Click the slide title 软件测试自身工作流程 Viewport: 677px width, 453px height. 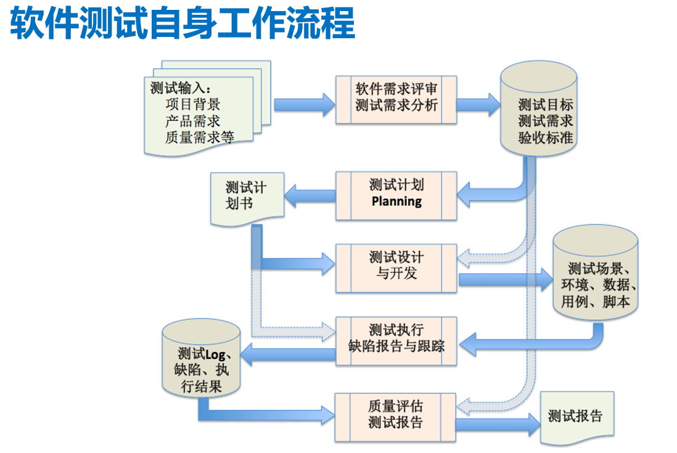tap(183, 23)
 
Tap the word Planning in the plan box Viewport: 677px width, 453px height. tap(396, 202)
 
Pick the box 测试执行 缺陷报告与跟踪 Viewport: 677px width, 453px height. tap(396, 340)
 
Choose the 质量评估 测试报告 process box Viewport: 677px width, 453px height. tap(396, 415)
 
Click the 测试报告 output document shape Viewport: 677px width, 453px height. tap(576, 417)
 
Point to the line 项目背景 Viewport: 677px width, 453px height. tap(192, 105)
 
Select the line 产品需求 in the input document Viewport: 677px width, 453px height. tap(192, 121)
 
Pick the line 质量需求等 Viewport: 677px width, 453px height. tap(199, 137)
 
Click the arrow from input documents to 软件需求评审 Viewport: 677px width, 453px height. tap(303, 104)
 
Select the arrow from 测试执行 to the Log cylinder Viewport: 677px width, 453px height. tap(287, 353)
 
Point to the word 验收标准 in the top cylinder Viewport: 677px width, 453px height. tap(545, 138)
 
